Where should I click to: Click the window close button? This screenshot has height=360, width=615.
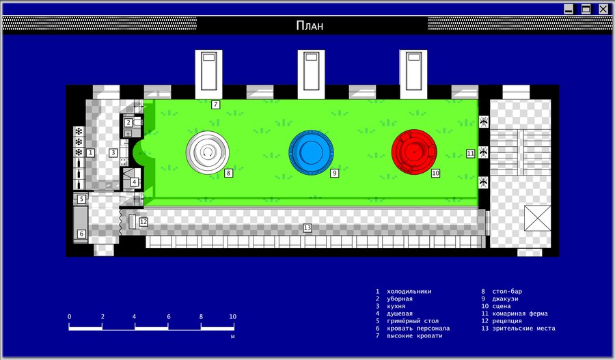[x=603, y=9]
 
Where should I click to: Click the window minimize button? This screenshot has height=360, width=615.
[x=569, y=9]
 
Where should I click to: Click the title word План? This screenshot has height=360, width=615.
[x=310, y=26]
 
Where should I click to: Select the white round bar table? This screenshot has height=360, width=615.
[x=208, y=152]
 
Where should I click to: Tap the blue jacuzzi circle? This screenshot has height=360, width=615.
[x=311, y=152]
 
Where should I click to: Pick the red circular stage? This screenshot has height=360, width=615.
[x=414, y=152]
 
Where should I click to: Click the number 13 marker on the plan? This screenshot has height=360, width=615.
[x=307, y=228]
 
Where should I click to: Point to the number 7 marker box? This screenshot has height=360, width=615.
[x=215, y=105]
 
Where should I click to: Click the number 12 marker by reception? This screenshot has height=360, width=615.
[x=143, y=222]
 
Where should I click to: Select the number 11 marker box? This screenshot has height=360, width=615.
[x=471, y=153]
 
